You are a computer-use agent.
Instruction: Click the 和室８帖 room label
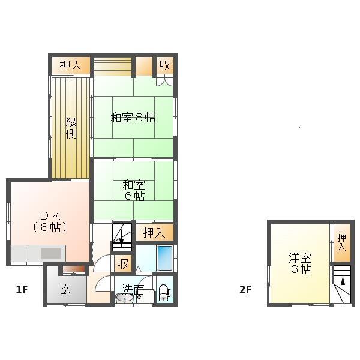[133, 118]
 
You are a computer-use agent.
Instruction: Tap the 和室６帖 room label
[133, 190]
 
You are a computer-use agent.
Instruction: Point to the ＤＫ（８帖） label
[49, 221]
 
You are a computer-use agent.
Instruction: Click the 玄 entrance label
[65, 290]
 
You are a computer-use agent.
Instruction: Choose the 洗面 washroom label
[133, 290]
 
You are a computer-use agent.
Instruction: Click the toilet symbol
[164, 293]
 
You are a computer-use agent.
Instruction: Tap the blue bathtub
[164, 258]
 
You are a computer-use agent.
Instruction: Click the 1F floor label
[22, 290]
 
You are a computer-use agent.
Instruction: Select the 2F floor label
[245, 290]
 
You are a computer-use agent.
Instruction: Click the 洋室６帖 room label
[299, 263]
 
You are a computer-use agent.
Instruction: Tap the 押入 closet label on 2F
[341, 242]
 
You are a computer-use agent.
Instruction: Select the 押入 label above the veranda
[70, 65]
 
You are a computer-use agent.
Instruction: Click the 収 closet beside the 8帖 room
[163, 65]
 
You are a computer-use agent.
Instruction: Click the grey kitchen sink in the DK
[52, 253]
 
